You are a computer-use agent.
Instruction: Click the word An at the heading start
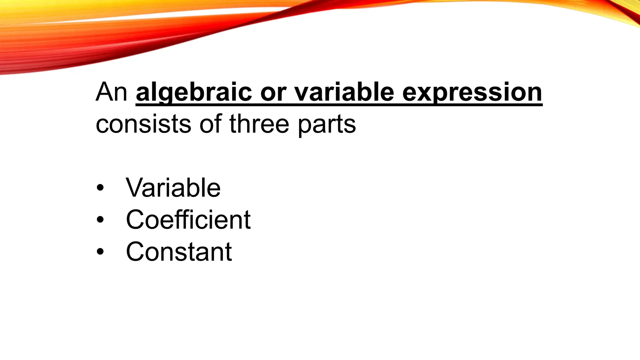pos(111,92)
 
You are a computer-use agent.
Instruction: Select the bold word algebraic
pos(194,92)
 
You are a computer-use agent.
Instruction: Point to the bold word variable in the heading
pos(344,92)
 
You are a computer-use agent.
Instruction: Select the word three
pos(259,124)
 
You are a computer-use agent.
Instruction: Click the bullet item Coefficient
pos(188,219)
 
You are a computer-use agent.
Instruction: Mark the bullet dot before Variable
pos(100,188)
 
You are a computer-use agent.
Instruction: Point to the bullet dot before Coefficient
pos(100,220)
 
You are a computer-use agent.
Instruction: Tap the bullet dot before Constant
pos(100,252)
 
